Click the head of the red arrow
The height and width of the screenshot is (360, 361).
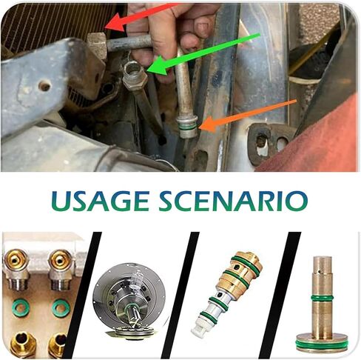pos(115,23)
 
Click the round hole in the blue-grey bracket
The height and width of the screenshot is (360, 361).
pos(44,86)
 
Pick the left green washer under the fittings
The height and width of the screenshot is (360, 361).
pos(20,307)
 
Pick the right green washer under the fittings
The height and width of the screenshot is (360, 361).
pos(61,307)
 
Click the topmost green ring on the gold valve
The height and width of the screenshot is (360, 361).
pos(246,262)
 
